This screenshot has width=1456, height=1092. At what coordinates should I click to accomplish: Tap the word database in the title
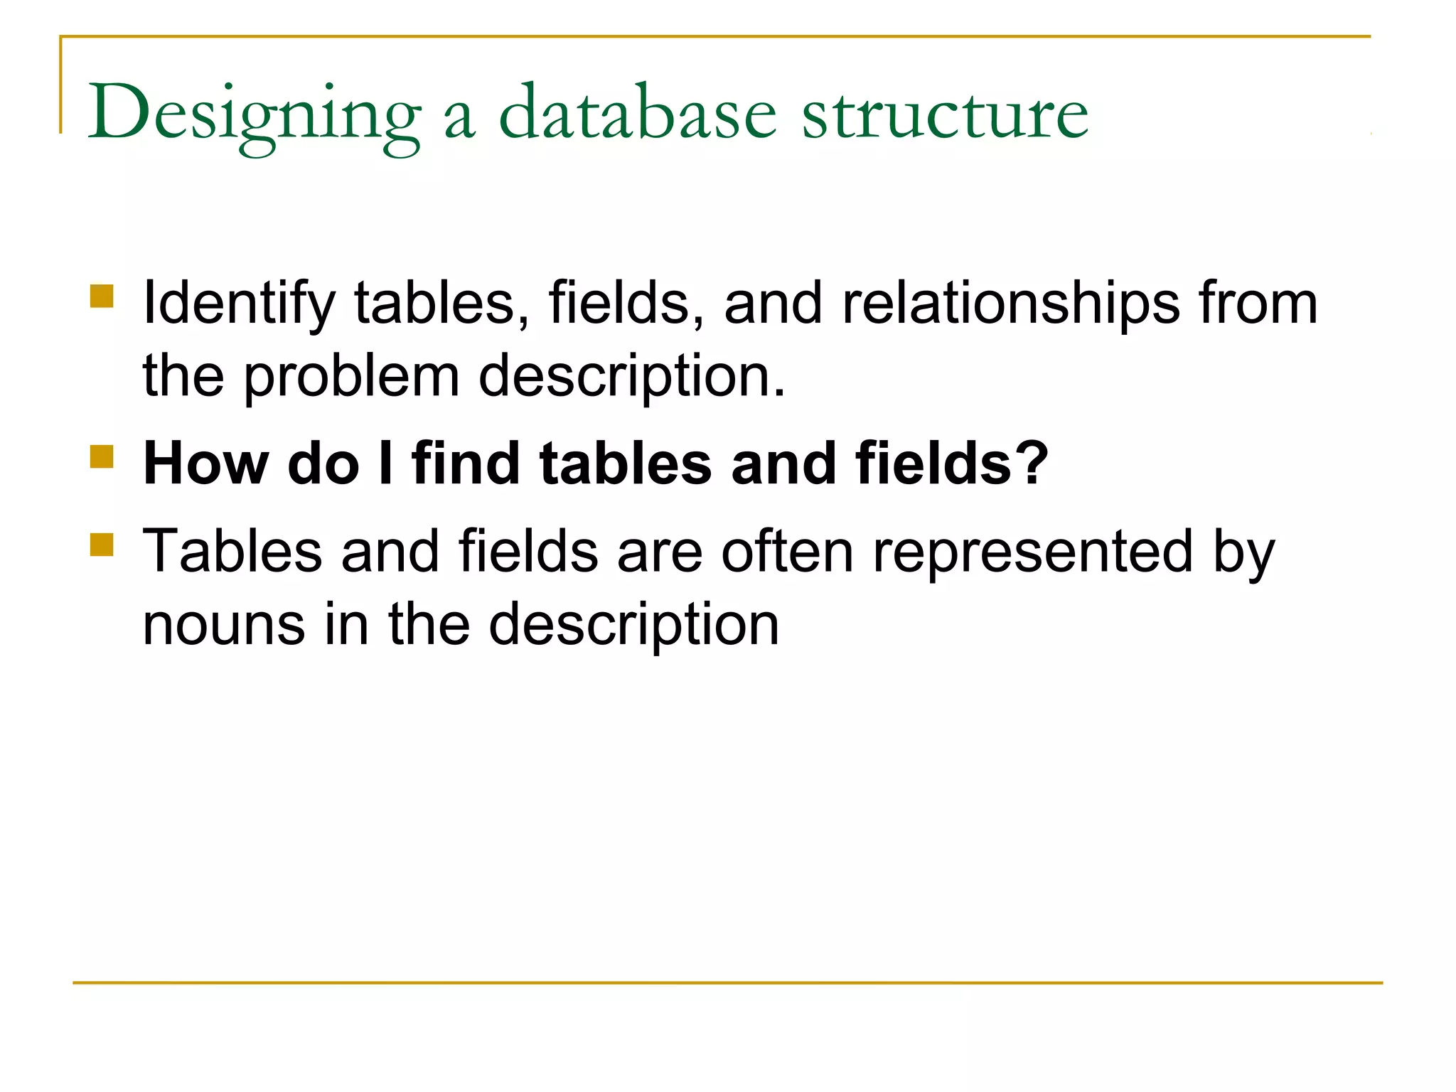638,114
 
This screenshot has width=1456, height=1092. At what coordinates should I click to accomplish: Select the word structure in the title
945,114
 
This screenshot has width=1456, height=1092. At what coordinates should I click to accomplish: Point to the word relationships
1010,303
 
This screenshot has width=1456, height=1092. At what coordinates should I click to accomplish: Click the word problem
351,377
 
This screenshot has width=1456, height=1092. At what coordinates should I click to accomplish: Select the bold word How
206,464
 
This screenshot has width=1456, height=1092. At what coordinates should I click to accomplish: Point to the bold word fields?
952,464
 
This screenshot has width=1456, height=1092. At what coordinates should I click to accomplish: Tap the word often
787,551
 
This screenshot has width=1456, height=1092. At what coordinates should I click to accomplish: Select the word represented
1032,552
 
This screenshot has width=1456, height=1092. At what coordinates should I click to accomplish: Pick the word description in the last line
634,626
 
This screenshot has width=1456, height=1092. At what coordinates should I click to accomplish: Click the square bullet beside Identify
102,296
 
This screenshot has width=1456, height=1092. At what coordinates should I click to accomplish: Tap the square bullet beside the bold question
102,456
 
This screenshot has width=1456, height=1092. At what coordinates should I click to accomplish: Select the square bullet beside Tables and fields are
102,545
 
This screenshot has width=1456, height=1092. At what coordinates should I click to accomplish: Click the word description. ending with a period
632,377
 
